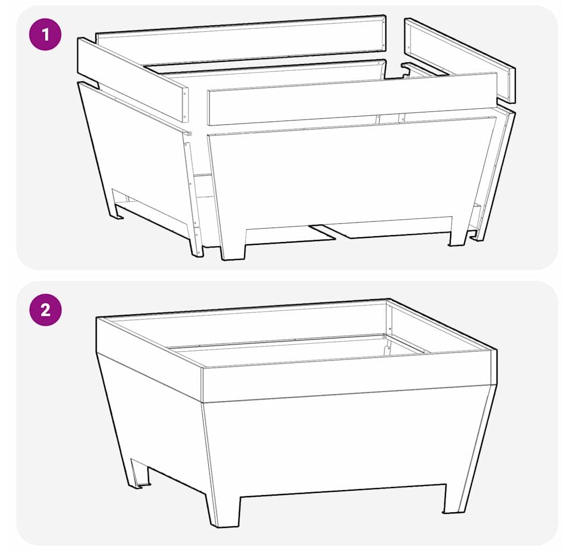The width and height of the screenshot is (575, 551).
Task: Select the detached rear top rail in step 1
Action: point(240,39)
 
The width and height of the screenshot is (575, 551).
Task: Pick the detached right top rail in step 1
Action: point(460,59)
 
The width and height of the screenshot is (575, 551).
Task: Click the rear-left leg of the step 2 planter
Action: point(139,473)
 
